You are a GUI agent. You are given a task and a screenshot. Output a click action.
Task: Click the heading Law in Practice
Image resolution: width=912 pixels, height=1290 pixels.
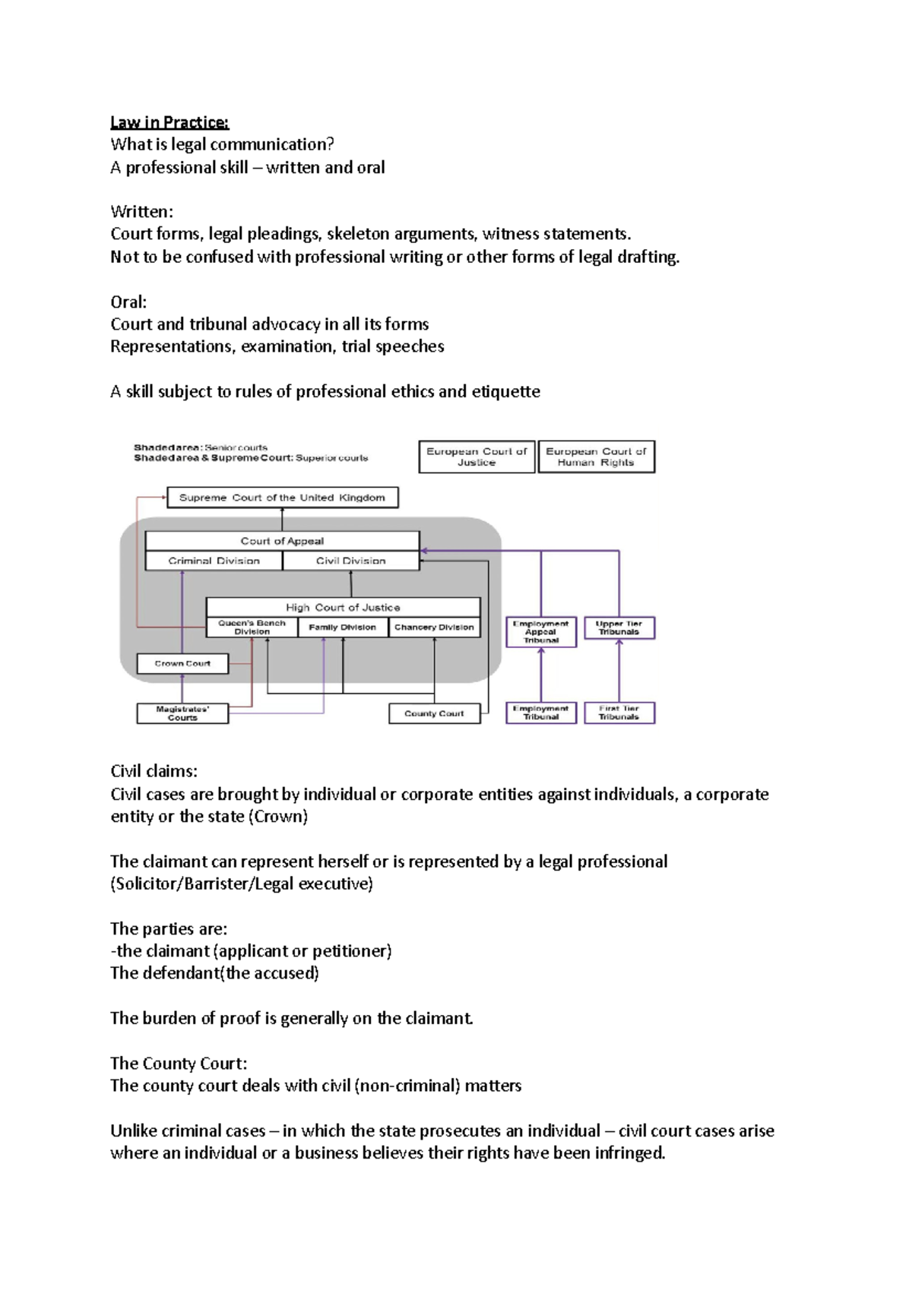169,122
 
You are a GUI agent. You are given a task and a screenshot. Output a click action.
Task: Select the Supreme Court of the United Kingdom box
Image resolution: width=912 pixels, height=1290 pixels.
282,498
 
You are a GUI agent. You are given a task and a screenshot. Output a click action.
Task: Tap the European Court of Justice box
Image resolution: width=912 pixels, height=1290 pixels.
477,457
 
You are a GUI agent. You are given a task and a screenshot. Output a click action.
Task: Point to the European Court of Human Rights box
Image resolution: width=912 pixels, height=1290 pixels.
596,457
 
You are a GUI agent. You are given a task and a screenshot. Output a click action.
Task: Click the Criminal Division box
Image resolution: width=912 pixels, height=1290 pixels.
214,561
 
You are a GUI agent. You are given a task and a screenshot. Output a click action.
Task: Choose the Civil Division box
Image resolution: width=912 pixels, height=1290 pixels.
350,561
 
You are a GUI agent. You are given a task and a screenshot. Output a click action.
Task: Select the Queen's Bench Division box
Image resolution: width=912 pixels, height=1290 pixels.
252,627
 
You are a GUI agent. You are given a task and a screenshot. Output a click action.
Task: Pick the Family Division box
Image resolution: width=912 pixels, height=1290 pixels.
342,628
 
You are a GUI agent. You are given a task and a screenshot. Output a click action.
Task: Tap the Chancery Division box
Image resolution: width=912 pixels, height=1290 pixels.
434,628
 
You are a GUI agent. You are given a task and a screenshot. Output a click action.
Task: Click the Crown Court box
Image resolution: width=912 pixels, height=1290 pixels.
182,663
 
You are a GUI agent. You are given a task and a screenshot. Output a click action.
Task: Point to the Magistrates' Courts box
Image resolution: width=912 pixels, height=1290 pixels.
182,713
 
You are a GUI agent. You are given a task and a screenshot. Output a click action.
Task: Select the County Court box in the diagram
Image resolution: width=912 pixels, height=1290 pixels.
434,713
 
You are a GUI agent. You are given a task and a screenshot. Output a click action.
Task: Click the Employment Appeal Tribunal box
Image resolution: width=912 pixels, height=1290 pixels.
541,631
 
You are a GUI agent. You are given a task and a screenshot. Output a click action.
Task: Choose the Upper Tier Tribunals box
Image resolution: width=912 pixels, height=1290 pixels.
619,628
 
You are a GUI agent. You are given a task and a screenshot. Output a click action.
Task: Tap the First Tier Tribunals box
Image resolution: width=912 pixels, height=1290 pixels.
619,713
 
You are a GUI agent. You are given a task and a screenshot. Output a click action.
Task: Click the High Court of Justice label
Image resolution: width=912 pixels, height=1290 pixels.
343,607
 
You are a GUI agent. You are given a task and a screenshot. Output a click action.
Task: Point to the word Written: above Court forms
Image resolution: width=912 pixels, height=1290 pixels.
141,212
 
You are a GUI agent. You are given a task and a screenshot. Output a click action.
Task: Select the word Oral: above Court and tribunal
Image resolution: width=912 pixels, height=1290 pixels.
128,302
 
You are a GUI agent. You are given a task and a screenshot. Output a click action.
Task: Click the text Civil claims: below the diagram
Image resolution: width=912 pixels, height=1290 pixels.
154,772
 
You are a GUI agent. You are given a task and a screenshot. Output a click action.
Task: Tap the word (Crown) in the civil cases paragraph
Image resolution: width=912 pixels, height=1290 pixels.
278,817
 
